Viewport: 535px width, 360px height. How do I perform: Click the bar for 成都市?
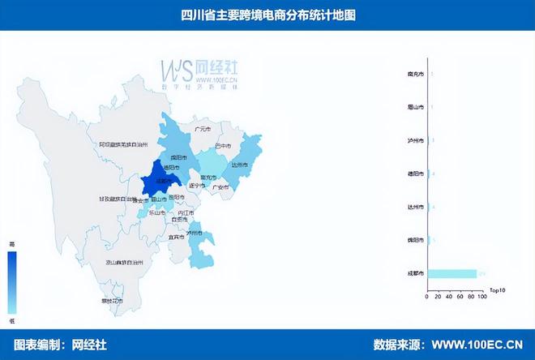tap(451, 273)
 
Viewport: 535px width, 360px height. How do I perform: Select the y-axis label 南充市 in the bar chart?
tap(414, 74)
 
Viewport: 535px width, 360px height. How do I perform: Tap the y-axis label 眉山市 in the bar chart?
tap(414, 107)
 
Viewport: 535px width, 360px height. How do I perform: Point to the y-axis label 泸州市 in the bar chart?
tap(414, 140)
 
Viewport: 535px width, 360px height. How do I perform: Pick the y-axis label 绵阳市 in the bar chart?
tap(414, 240)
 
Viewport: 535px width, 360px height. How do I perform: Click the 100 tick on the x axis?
tap(481, 296)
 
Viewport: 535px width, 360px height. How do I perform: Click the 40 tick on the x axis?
tap(448, 296)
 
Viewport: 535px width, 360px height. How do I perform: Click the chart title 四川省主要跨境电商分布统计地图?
tap(267, 15)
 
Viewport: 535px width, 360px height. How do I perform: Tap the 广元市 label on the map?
tap(202, 129)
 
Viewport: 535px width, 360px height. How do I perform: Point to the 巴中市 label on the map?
tap(212, 146)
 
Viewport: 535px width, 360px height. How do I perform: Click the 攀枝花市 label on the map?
tap(113, 301)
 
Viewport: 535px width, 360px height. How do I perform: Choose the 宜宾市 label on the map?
tap(176, 238)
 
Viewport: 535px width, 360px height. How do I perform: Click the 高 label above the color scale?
tap(12, 244)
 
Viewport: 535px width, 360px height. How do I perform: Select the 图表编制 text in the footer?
tap(37, 344)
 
